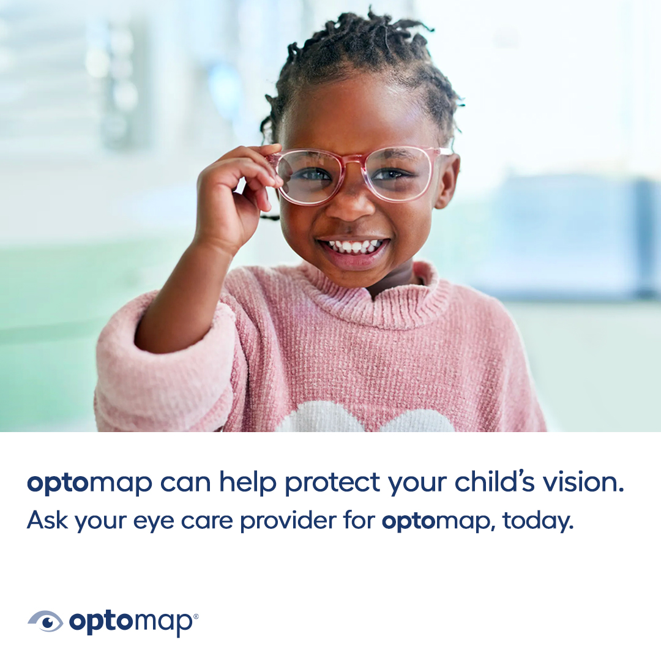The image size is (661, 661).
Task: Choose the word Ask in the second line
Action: pos(47,520)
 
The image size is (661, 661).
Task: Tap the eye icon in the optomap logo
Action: pos(45,621)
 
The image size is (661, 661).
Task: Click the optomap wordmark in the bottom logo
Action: pos(130,622)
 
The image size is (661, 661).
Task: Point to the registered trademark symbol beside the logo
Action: pos(195,616)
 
